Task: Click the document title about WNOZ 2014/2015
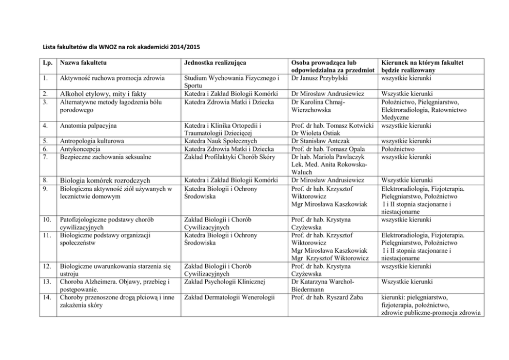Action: coord(121,47)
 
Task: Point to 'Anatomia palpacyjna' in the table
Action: coord(88,125)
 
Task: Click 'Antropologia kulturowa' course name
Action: coord(92,141)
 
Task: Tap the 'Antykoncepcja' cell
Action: coord(80,149)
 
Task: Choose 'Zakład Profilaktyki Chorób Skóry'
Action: coord(229,156)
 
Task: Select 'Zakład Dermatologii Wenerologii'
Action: coord(228,296)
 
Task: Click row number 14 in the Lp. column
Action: coord(47,296)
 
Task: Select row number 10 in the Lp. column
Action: coord(47,219)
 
